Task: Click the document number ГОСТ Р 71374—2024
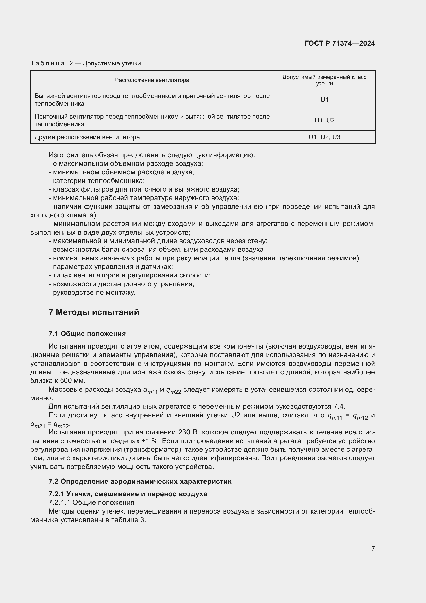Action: click(340, 43)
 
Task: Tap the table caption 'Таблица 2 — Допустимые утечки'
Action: click(86, 64)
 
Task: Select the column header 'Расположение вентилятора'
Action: click(152, 80)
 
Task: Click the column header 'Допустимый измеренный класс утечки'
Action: click(324, 80)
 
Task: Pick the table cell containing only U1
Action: click(324, 100)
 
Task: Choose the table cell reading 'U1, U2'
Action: click(324, 120)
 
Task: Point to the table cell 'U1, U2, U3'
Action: click(324, 137)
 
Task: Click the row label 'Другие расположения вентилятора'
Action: click(87, 137)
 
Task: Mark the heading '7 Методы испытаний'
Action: click(94, 312)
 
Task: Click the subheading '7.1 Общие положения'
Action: click(87, 334)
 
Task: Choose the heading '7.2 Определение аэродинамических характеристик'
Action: click(140, 481)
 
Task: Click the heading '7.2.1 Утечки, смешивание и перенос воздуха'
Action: click(128, 494)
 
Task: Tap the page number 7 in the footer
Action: click(373, 548)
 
